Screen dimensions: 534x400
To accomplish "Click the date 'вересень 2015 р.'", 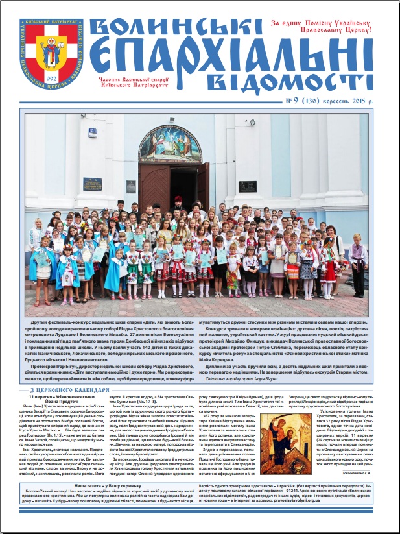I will (x=354, y=101).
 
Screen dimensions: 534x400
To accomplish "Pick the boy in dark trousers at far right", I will (x=358, y=266).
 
